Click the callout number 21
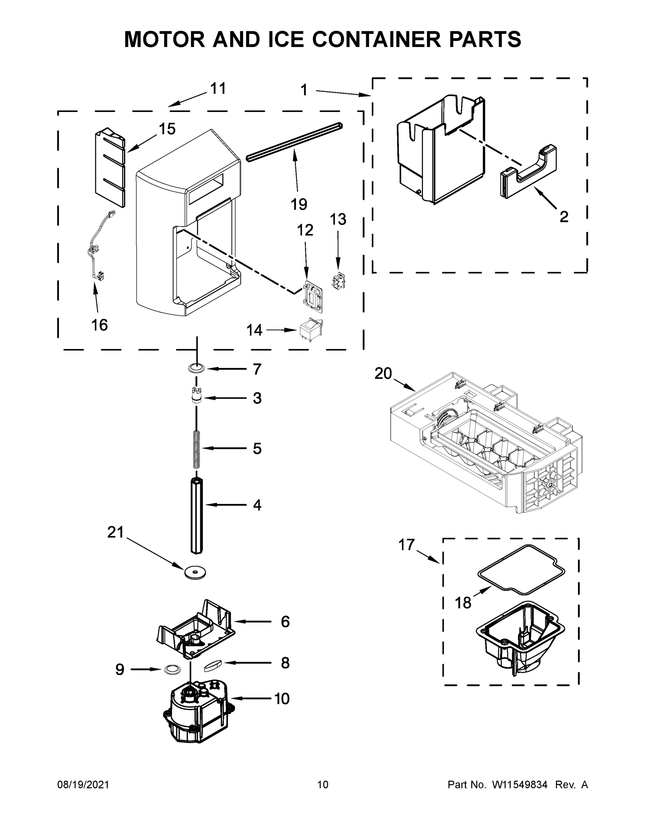coord(115,532)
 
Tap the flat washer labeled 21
coord(195,572)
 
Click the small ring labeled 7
coord(196,368)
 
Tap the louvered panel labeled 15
coord(110,168)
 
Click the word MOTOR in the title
coord(165,39)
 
